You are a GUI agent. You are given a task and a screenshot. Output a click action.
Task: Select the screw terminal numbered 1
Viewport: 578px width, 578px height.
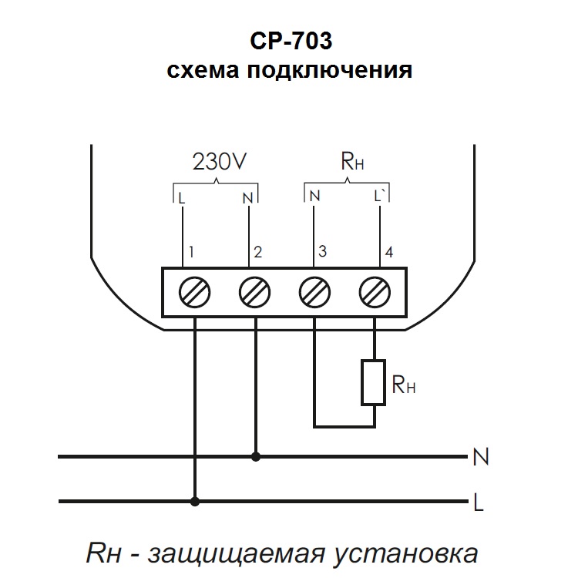tap(193, 293)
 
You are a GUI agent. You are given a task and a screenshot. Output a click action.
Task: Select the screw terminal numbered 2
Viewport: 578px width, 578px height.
tap(255, 293)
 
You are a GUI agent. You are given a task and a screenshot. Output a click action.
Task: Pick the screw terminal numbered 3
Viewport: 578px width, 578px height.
tap(315, 293)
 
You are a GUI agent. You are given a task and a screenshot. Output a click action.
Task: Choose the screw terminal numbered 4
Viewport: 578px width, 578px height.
tap(375, 293)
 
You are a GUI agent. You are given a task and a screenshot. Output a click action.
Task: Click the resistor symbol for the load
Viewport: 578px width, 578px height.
tap(375, 381)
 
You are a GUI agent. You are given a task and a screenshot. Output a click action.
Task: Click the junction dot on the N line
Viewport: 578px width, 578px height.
tap(256, 457)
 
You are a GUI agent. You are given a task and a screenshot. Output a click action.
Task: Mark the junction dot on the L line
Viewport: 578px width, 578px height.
tap(194, 501)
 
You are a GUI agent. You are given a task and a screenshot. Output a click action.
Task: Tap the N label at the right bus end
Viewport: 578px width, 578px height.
tap(480, 458)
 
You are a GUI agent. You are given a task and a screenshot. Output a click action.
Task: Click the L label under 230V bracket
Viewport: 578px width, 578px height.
tap(182, 197)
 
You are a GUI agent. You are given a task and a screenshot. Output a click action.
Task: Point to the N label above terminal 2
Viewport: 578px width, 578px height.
tap(247, 197)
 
